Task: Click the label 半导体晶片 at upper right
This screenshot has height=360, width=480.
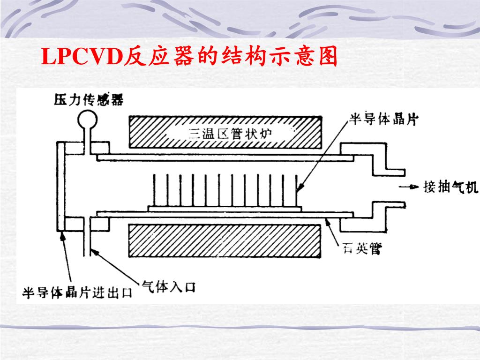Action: (x=383, y=119)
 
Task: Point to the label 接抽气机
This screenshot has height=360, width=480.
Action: (x=450, y=187)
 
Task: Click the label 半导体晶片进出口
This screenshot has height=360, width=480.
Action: (x=77, y=293)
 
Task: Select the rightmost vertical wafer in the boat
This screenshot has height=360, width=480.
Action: (x=297, y=189)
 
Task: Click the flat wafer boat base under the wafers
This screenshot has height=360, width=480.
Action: (x=225, y=208)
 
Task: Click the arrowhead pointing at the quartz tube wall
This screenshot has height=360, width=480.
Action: (x=328, y=221)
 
